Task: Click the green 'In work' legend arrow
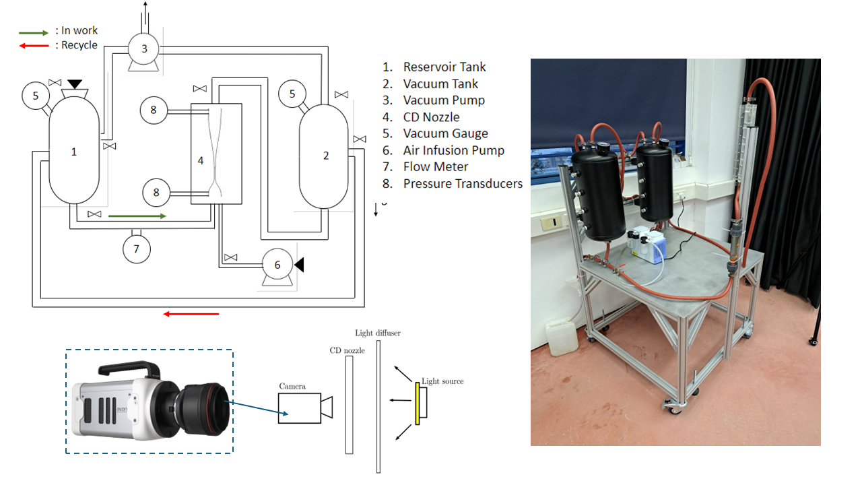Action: click(33, 32)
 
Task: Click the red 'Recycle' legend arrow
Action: click(33, 46)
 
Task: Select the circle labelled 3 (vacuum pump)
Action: click(143, 48)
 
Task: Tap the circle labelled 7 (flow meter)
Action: click(137, 249)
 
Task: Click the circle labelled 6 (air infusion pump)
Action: click(277, 265)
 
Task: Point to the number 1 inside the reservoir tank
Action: click(74, 152)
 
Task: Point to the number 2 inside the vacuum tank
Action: click(326, 156)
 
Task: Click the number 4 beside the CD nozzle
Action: click(200, 160)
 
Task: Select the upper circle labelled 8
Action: click(154, 110)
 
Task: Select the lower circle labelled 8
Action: click(156, 192)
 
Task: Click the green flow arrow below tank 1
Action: click(137, 216)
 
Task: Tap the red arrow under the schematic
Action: click(192, 313)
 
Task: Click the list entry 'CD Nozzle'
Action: click(431, 117)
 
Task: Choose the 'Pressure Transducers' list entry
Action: click(462, 183)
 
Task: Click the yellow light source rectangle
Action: click(418, 403)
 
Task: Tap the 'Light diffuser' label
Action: click(377, 333)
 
